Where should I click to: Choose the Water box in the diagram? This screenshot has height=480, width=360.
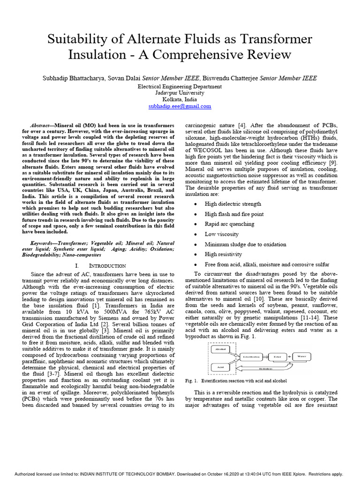[302, 357]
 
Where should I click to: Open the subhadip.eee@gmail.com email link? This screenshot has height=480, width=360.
[180, 106]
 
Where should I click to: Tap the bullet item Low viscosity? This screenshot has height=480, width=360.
[222, 234]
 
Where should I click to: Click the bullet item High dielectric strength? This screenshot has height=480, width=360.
[233, 204]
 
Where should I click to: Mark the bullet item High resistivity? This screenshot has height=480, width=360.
[223, 254]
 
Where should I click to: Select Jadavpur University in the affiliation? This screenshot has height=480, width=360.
[180, 93]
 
